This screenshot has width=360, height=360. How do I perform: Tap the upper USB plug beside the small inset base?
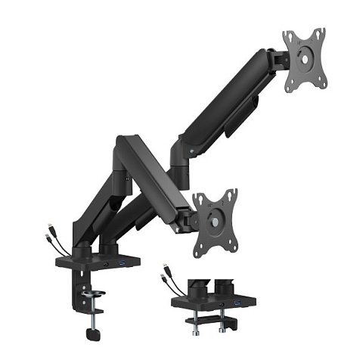(164, 269)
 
